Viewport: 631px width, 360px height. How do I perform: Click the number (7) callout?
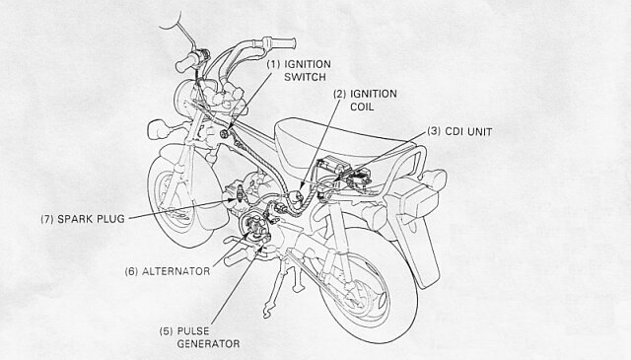coord(47,219)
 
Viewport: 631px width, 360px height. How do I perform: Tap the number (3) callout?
coord(434,132)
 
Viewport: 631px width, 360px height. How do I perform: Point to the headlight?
coord(184,97)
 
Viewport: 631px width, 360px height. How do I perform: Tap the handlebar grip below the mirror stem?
coord(186,62)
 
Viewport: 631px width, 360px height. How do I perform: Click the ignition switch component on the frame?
coord(226,134)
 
